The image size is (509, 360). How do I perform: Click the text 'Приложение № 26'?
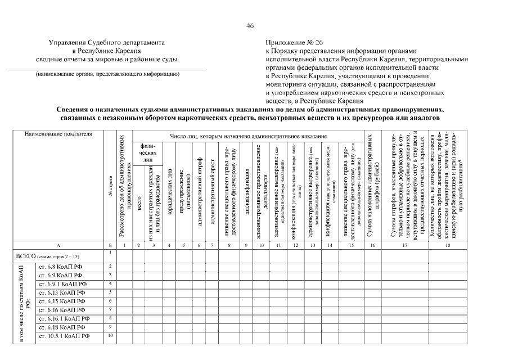tap(294, 43)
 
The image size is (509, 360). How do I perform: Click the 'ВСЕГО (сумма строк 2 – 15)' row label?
tap(48, 256)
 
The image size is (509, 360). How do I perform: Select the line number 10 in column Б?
tap(110, 336)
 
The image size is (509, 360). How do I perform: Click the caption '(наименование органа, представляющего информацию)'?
tap(107, 74)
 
